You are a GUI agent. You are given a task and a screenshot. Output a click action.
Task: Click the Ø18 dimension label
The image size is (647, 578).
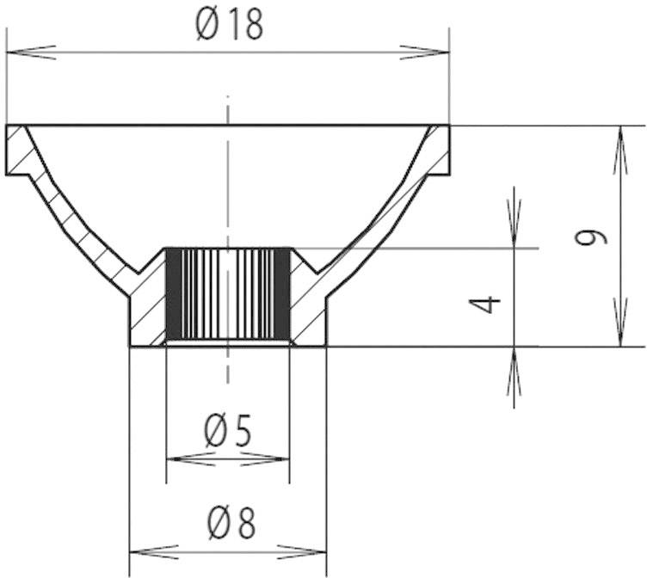coord(228,26)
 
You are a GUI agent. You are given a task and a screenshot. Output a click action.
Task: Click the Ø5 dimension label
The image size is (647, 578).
coord(228,430)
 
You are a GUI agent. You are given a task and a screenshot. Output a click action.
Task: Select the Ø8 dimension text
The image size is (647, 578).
coord(228,522)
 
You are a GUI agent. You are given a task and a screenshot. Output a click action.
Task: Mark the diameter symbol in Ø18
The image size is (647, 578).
coord(207,26)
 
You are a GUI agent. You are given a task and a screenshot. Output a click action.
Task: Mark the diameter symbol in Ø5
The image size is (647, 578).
coord(216,430)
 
